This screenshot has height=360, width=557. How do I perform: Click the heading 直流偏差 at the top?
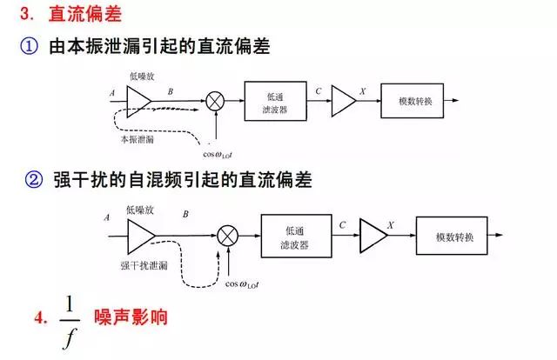point(86,14)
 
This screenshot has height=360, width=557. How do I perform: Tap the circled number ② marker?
point(34,180)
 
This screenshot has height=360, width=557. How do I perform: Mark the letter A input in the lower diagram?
point(107,217)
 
